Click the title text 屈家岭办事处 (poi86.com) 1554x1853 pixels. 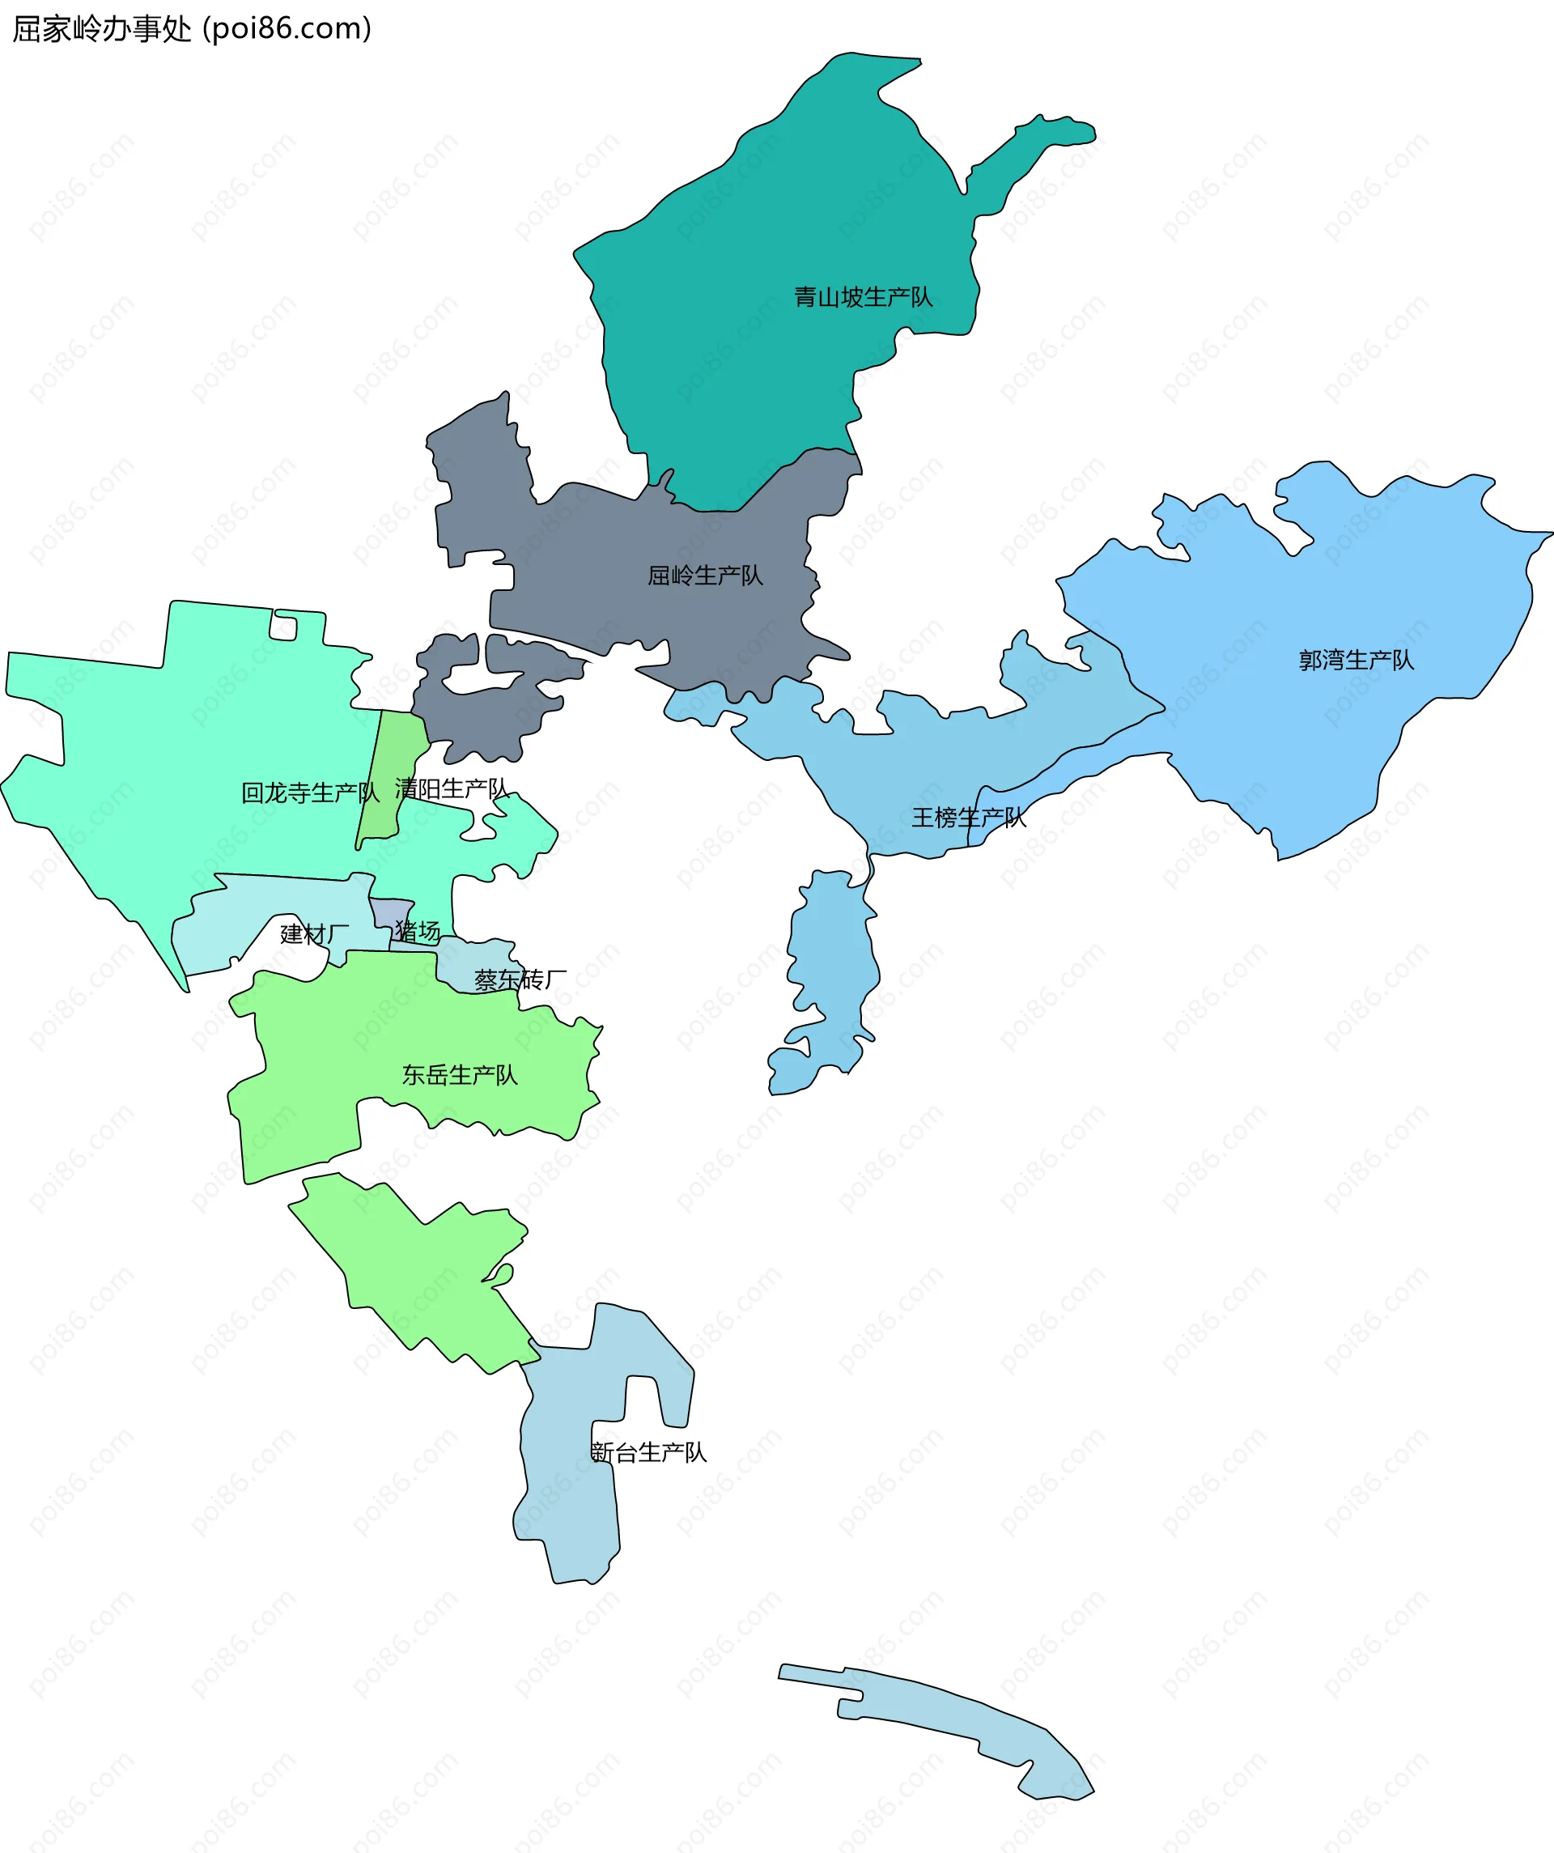(x=192, y=29)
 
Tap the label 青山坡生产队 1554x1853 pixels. (x=862, y=297)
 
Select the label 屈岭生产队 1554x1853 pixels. (x=704, y=576)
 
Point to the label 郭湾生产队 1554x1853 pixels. (x=1356, y=660)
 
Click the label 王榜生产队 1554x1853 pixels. (x=968, y=818)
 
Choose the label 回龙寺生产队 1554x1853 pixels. (x=310, y=793)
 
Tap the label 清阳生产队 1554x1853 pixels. (x=451, y=788)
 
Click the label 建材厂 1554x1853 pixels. (x=314, y=934)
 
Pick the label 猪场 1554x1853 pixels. (x=418, y=931)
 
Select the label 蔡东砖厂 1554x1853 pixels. (x=520, y=980)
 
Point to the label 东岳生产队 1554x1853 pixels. (x=459, y=1075)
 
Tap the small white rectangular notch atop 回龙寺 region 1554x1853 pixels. (x=283, y=627)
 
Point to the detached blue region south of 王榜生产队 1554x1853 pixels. (x=830, y=971)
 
